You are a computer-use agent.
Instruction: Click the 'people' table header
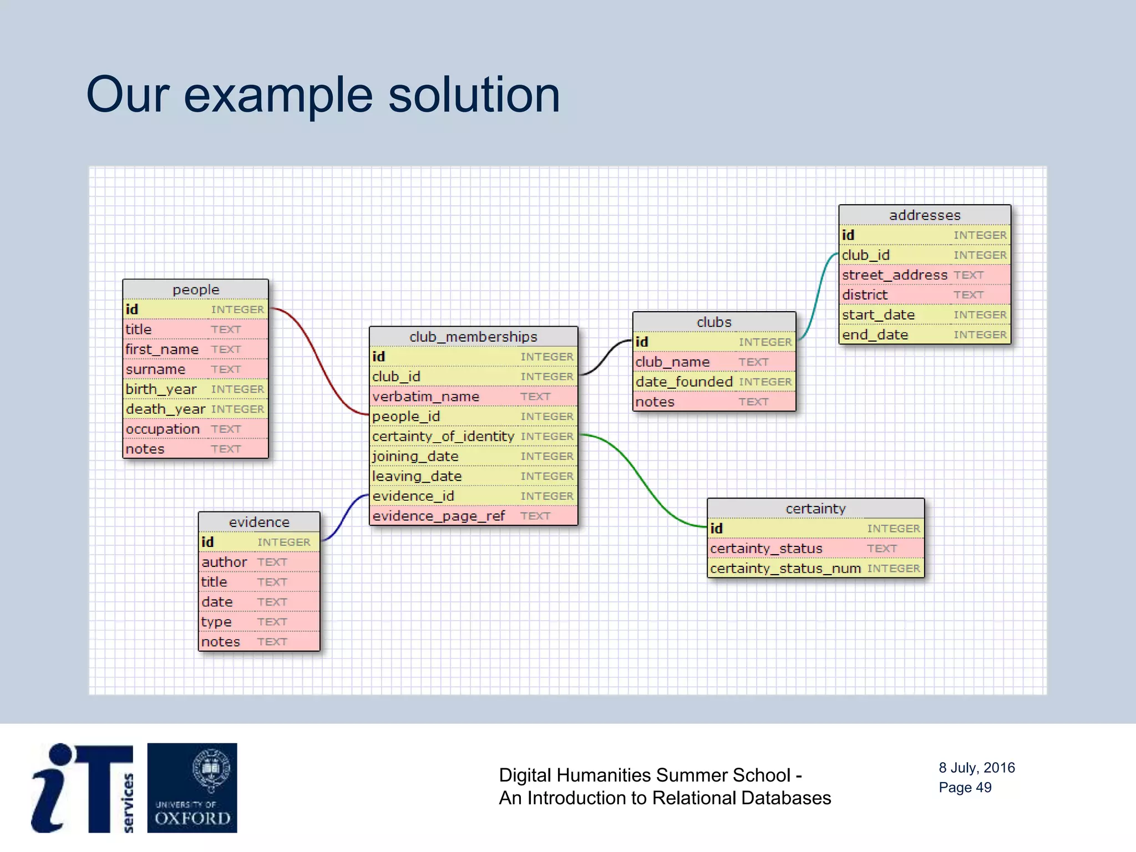[x=195, y=290]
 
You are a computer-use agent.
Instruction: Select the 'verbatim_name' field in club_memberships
[x=425, y=397]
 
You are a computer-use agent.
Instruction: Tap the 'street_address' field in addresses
[x=894, y=275]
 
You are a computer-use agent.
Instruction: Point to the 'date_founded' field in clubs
[x=684, y=382]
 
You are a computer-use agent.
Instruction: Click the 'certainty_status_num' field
[x=785, y=569]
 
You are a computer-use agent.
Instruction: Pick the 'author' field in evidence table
[x=224, y=562]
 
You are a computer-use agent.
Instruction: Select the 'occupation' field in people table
[x=163, y=429]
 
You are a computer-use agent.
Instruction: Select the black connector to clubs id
[x=606, y=356]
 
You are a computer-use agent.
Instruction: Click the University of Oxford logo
[x=192, y=788]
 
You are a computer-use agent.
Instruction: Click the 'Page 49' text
[x=965, y=788]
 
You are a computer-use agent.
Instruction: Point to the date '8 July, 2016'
[x=976, y=768]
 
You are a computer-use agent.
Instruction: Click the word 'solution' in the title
[x=474, y=95]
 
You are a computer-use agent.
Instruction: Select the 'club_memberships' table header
[x=473, y=337]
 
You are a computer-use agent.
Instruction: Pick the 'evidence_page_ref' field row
[x=438, y=516]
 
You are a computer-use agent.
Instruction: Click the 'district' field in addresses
[x=864, y=295]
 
